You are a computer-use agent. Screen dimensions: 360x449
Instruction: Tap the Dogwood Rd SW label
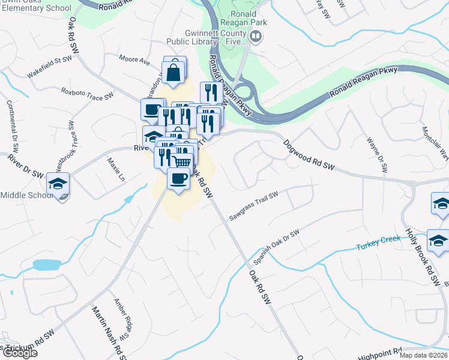pyautogui.click(x=308, y=154)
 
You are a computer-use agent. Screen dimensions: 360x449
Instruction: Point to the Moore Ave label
pyautogui.click(x=134, y=60)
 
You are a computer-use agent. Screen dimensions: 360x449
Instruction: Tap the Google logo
pyautogui.click(x=19, y=353)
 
